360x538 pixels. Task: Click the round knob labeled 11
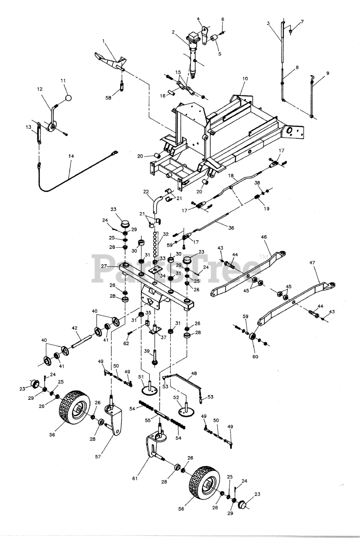[x=68, y=98]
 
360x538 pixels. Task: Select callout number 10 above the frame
[x=245, y=79]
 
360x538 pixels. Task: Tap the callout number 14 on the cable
[x=71, y=156]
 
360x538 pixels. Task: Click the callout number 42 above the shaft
[x=74, y=327]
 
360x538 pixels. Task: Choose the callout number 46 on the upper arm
[x=264, y=237]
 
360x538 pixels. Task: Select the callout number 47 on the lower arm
[x=312, y=263]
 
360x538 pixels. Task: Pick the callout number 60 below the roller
[x=255, y=357]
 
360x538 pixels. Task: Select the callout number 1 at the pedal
[x=103, y=41]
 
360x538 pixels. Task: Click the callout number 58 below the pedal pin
[x=109, y=98]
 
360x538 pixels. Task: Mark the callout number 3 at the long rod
[x=268, y=23]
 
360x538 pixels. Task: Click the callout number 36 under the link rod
[x=231, y=228]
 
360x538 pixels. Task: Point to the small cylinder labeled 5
[x=214, y=39]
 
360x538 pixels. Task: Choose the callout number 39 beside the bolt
[x=147, y=351]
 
